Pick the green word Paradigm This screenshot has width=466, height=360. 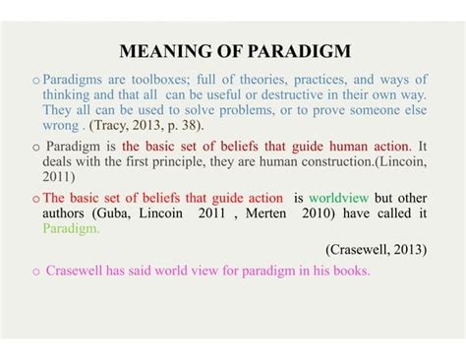coord(72,228)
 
